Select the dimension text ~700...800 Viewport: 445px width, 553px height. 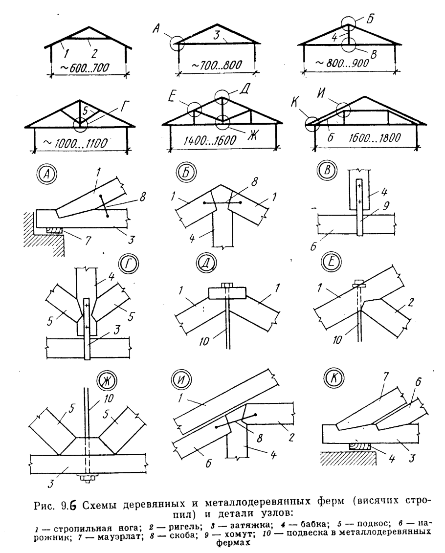[x=217, y=65]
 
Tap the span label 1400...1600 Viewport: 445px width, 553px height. [x=210, y=141]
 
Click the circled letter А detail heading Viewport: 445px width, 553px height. [x=46, y=175]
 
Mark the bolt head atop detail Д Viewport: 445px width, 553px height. [x=226, y=285]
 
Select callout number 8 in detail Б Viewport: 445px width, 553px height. [x=254, y=182]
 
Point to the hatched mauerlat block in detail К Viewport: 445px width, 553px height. [x=358, y=446]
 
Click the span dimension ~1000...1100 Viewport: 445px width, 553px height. [x=75, y=144]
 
